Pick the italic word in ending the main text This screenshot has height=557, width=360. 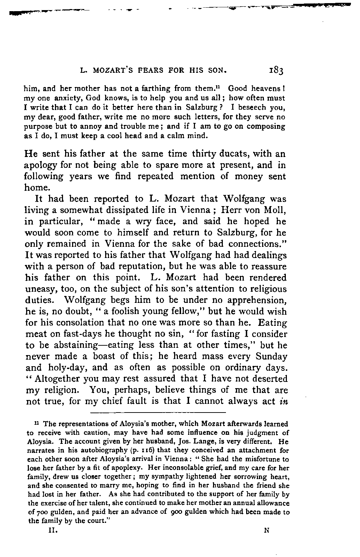pyautogui.click(x=282, y=401)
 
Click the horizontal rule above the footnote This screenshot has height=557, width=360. pyautogui.click(x=158, y=413)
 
